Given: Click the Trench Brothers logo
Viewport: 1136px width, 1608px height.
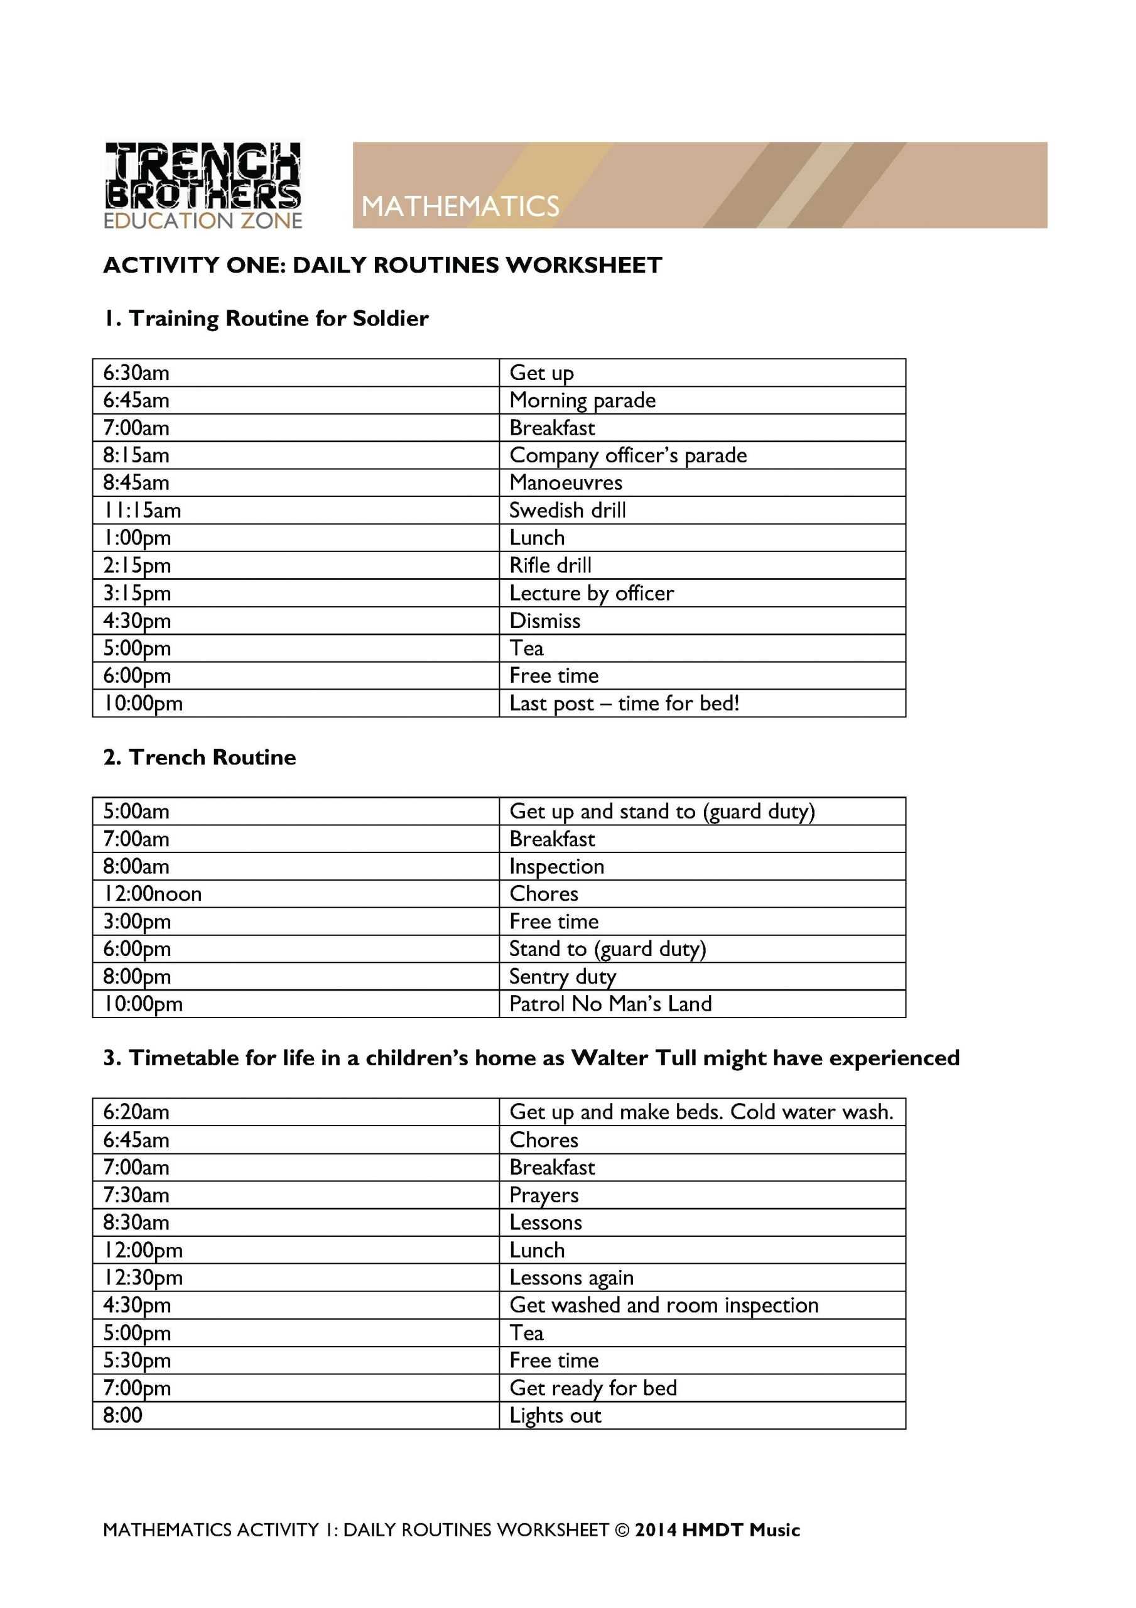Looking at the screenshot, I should point(202,185).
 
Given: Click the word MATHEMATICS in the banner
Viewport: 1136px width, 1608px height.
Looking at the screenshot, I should point(460,206).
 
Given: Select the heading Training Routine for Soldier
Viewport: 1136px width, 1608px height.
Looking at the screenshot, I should point(266,318).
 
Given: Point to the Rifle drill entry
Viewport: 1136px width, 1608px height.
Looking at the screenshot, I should point(550,565).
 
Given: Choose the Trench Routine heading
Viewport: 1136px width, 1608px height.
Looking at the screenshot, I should point(200,757).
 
